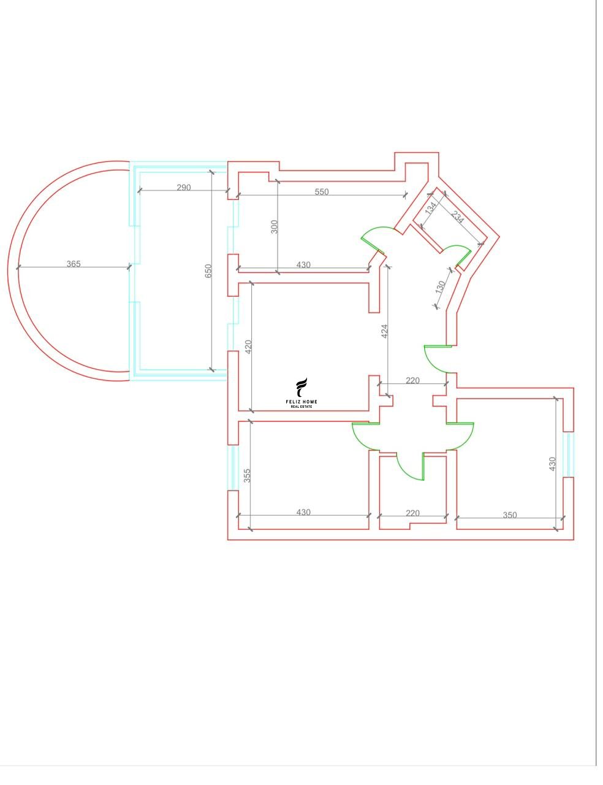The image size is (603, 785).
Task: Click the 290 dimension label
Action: click(184, 188)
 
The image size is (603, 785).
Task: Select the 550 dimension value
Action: click(322, 192)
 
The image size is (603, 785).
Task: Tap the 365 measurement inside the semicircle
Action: click(74, 264)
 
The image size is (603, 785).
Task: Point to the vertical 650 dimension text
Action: click(208, 271)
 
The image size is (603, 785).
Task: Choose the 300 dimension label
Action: click(275, 227)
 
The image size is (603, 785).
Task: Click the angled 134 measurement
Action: click(431, 208)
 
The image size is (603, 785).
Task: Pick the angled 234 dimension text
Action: click(457, 218)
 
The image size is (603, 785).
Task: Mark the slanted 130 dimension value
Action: click(441, 287)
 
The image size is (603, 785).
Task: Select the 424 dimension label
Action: click(385, 331)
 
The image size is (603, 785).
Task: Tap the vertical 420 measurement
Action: click(248, 347)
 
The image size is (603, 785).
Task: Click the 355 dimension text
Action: click(247, 476)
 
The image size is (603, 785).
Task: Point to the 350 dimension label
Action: click(510, 515)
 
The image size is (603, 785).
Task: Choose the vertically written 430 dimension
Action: click(553, 464)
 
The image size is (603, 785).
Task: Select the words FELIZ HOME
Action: click(301, 402)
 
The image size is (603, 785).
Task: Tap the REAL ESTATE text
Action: click(301, 407)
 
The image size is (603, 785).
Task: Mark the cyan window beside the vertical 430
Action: click(568, 454)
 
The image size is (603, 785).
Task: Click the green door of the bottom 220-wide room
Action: click(411, 468)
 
